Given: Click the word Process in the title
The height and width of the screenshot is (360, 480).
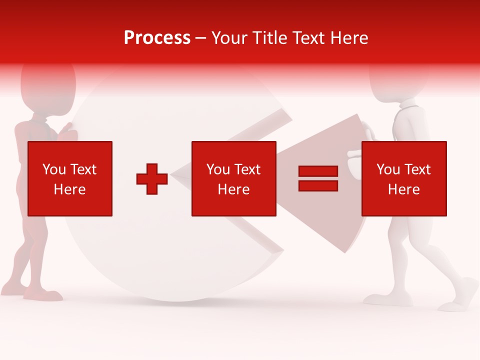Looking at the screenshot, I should pos(157,37).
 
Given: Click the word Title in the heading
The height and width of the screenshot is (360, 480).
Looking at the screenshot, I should pos(268,37).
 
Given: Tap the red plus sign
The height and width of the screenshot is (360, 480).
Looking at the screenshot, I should pos(152,179).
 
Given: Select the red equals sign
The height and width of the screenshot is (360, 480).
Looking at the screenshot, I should pos(318,178).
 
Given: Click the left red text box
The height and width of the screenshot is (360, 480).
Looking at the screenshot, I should pos(70,178).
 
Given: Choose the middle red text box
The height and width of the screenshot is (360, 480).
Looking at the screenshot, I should pos(233,178).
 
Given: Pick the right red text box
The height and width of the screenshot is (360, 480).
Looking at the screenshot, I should pos(404,178).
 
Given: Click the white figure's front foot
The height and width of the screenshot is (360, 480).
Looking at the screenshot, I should pos(462,295).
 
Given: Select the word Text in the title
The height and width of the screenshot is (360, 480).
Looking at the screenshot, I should pos(308,37).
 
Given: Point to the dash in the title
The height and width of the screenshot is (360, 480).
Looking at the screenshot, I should pos(200,38).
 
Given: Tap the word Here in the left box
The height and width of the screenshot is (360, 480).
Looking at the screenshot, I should pos(70,189).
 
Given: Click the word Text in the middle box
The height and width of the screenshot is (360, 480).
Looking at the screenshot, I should pos(247,169).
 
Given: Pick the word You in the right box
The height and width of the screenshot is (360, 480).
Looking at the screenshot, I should pos(388,169).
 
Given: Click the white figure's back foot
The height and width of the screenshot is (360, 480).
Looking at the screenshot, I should pos(382,299).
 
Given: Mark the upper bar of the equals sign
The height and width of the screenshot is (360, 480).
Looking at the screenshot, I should pos(318,171).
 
